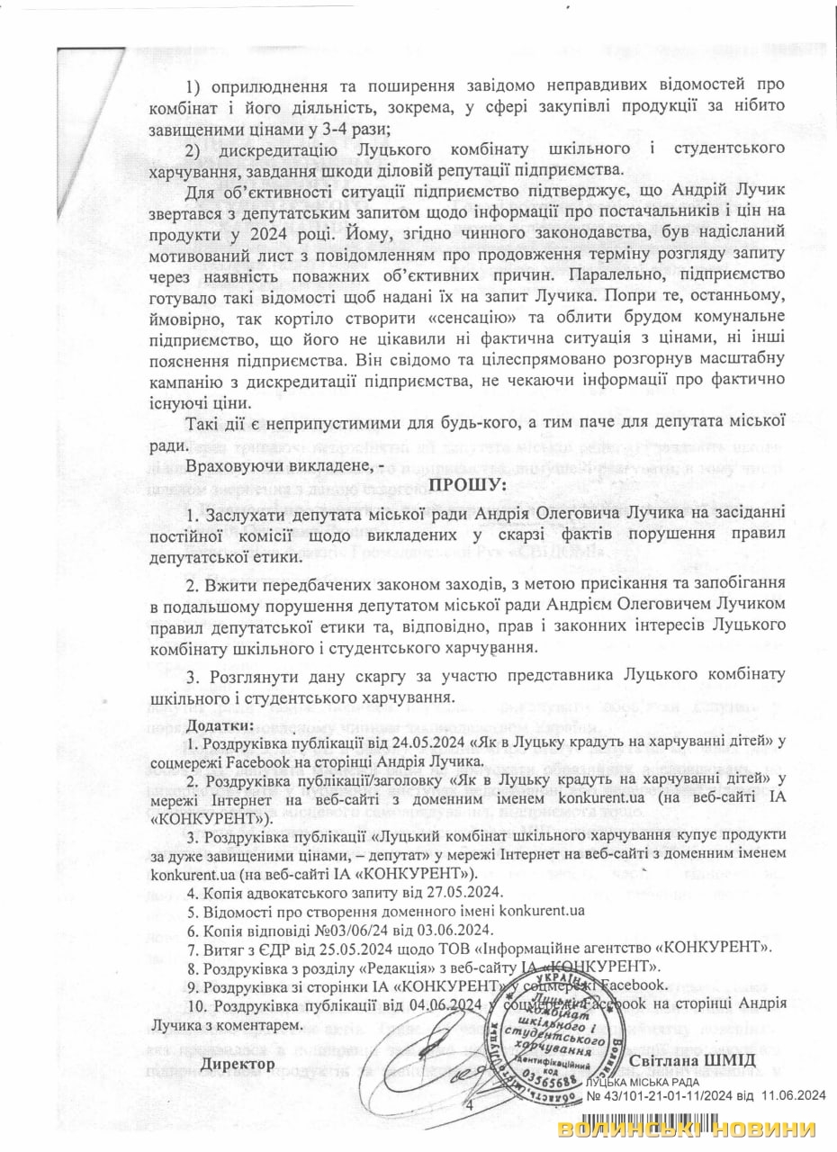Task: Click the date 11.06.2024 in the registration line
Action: pos(791,1095)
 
